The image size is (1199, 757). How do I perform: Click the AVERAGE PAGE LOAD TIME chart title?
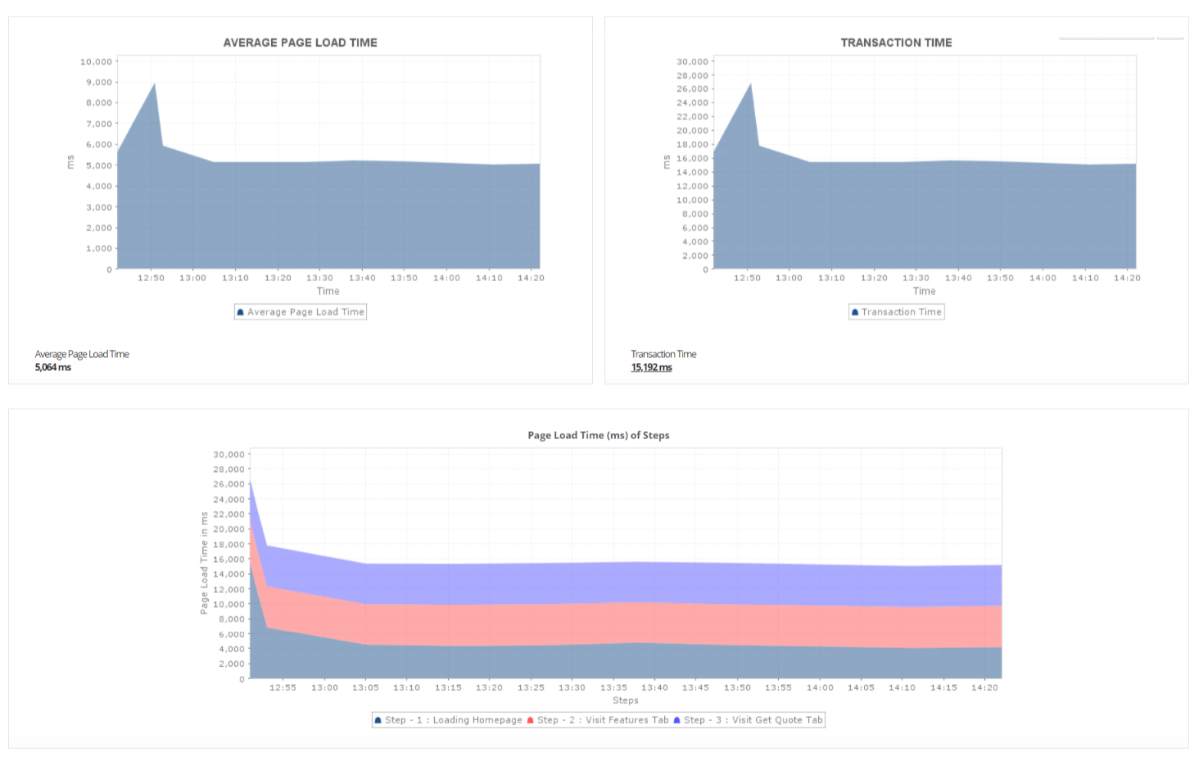[x=300, y=43]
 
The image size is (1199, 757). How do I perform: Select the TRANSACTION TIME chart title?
[x=896, y=43]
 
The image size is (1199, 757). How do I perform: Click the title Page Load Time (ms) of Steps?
[x=598, y=435]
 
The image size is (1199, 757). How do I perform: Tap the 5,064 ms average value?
[x=53, y=368]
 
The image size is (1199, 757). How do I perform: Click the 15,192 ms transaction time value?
[x=651, y=368]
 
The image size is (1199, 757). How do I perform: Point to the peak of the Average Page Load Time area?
[x=154, y=84]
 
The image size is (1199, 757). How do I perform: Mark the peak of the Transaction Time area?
[x=750, y=84]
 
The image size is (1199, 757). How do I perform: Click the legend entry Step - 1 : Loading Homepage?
[x=448, y=720]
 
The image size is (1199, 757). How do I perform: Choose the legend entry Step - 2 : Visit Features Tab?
[x=598, y=720]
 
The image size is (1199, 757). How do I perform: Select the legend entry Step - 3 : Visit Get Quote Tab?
[x=748, y=720]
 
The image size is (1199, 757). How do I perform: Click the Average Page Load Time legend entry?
[x=301, y=312]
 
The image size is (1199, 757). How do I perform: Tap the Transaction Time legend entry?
[x=897, y=312]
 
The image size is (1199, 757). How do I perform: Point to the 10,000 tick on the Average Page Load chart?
[x=96, y=61]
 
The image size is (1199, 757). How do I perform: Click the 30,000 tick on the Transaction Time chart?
[x=692, y=61]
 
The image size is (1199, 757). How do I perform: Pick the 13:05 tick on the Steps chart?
[x=365, y=687]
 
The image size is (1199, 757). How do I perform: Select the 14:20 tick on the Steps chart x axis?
[x=984, y=687]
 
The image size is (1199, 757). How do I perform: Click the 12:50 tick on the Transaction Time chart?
[x=747, y=278]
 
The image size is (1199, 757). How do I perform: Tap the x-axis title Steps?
[x=625, y=700]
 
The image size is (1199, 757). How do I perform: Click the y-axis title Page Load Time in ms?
[x=205, y=563]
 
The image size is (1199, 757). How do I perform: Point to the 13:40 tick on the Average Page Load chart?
[x=362, y=278]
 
